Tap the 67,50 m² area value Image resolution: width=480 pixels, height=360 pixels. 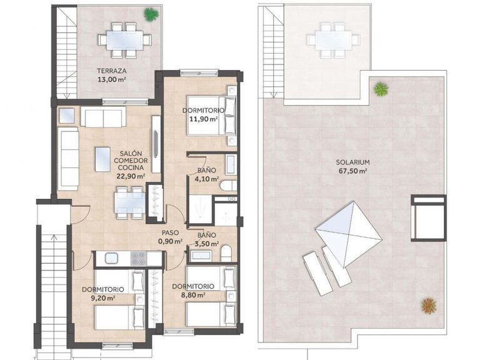[353, 171]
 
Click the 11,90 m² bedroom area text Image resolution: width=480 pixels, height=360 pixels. [204, 119]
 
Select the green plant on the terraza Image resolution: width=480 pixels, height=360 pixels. [150, 13]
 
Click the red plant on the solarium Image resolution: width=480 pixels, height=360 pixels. [428, 305]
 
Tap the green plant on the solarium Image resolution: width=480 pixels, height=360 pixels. [380, 89]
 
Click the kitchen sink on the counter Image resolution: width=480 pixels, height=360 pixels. [112, 257]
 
